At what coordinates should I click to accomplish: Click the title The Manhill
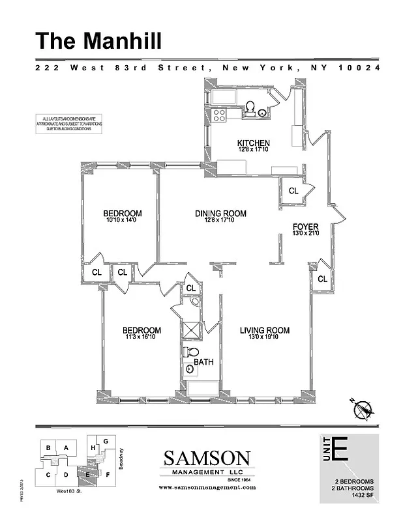click(x=98, y=40)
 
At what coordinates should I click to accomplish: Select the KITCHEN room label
click(x=253, y=143)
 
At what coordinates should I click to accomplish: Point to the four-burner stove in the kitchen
click(x=219, y=115)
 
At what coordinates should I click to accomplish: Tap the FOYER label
click(x=305, y=227)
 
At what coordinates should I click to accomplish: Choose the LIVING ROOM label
click(x=264, y=331)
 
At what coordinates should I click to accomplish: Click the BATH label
click(x=203, y=362)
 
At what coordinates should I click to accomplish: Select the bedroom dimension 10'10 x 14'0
click(x=122, y=220)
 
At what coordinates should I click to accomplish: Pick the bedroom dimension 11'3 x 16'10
click(x=142, y=337)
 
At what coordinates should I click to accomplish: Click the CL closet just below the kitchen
click(x=293, y=191)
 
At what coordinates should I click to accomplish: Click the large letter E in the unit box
click(x=339, y=450)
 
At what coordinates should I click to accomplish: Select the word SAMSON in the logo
click(x=206, y=458)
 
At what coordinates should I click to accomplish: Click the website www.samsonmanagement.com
click(x=207, y=487)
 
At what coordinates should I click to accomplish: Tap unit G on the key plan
click(x=106, y=441)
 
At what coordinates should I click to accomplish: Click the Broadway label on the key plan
click(x=122, y=458)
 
